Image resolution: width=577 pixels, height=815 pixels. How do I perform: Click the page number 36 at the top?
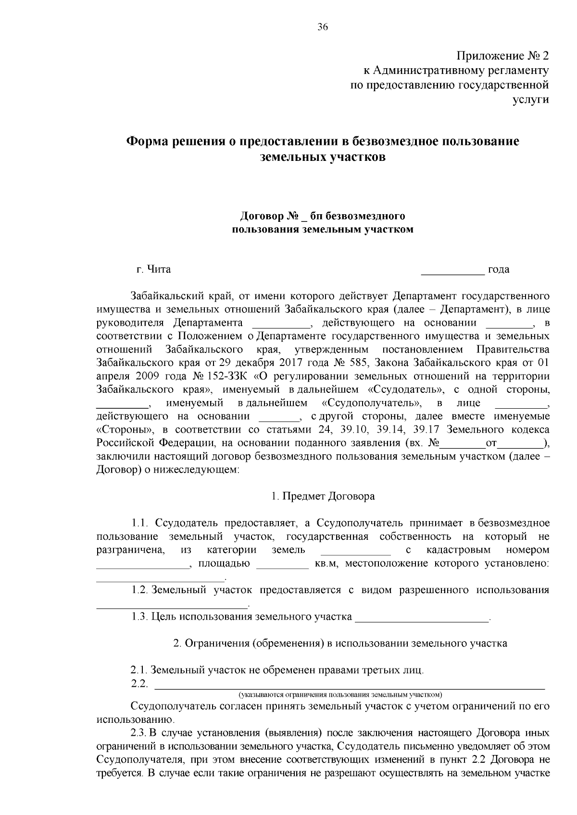pos(323,27)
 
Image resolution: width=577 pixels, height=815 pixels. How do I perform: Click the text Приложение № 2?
pos(502,57)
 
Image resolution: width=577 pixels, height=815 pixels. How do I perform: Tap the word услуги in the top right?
pos(533,99)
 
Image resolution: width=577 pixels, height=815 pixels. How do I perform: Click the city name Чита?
pos(159,269)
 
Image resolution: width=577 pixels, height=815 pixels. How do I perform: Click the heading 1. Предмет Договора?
pos(323,496)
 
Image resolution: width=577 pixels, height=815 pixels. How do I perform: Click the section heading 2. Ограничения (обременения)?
pos(340,643)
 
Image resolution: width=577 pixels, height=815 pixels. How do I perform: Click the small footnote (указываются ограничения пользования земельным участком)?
pos(340,694)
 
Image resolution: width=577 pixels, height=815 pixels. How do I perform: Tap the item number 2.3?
pos(138,733)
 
